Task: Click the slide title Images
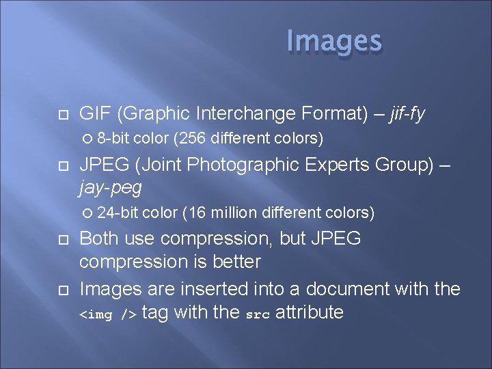point(334,41)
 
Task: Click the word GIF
point(94,113)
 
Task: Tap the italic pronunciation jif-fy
point(407,113)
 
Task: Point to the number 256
point(191,139)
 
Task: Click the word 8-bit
point(113,139)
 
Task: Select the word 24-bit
point(118,213)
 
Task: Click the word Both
point(99,238)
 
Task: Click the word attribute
point(308,312)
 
